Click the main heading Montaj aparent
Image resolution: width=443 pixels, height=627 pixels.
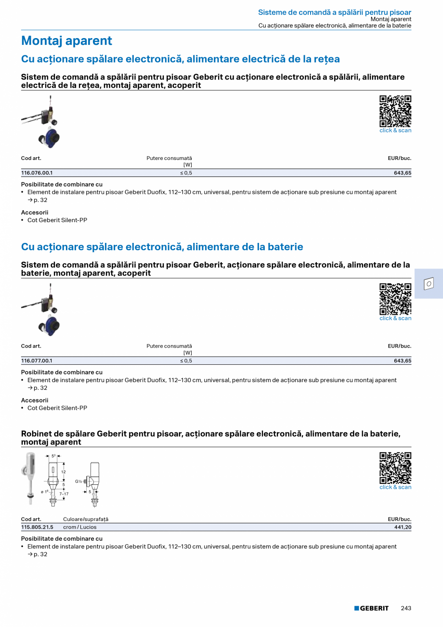pos(66,41)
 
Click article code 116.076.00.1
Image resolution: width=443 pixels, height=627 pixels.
pos(37,173)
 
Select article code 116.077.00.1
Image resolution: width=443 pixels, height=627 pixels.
pos(37,360)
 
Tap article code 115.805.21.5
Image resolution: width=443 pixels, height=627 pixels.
pos(37,527)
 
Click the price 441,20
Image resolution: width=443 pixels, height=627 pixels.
pos(403,527)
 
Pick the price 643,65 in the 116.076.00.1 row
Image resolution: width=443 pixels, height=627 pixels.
pos(402,173)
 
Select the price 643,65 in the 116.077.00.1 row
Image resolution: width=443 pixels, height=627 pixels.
pos(402,360)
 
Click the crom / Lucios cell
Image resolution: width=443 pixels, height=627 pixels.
pos(79,527)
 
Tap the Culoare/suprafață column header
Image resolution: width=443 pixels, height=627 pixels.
pos(86,519)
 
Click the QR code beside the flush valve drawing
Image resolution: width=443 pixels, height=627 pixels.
pos(395,467)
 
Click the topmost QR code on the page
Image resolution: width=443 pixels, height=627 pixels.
pos(395,111)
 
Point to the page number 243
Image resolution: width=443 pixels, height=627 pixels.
pos(406,608)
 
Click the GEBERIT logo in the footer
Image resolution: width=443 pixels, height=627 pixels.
pos(371,608)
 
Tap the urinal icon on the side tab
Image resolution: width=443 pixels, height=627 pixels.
pos(429,284)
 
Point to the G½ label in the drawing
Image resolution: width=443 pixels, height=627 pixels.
pos(78,481)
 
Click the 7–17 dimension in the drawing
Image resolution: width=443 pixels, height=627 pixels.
pos(64,494)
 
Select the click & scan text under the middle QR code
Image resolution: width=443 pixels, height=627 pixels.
pos(395,318)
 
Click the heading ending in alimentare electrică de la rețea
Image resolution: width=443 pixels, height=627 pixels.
pos(180,59)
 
